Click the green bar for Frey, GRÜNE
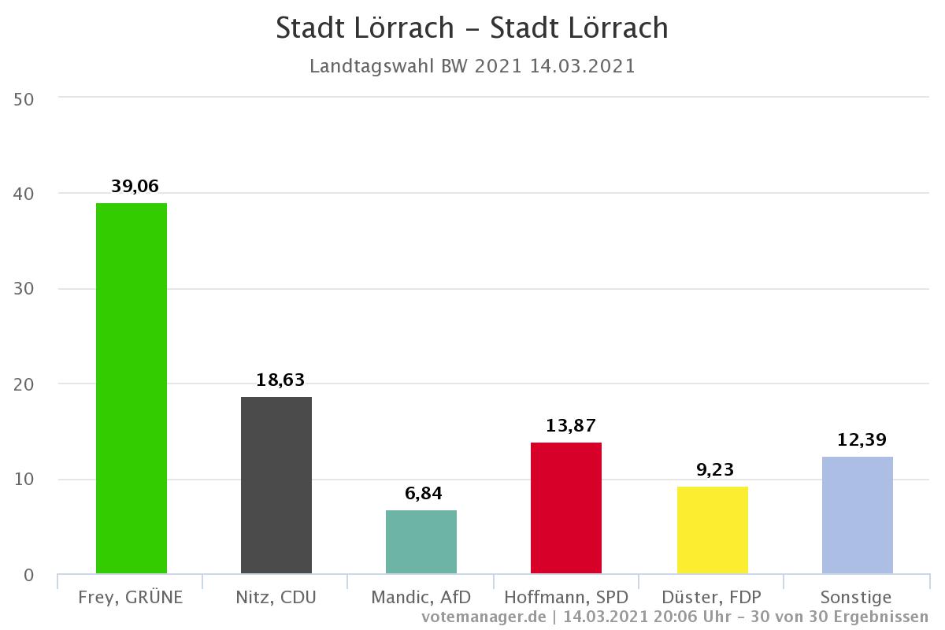tap(132, 388)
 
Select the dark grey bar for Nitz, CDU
tap(276, 485)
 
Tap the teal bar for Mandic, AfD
tap(421, 542)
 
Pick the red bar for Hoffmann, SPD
tap(566, 508)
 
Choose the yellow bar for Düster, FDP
tap(712, 530)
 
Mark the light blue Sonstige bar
tap(857, 515)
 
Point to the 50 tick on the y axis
tap(24, 98)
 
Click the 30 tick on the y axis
tap(24, 289)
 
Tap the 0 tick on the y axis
tap(28, 576)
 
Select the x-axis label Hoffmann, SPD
tap(566, 598)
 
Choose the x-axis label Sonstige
tap(857, 598)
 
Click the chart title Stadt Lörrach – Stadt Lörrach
tap(472, 28)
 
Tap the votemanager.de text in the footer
tap(484, 616)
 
